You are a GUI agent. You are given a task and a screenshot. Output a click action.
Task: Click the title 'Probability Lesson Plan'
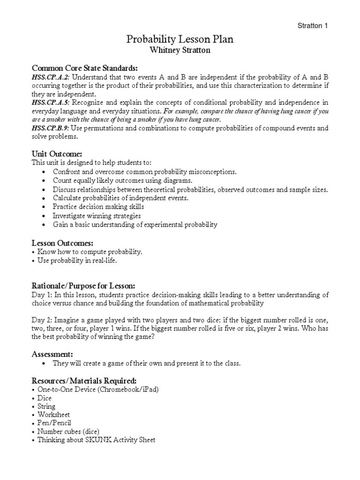coord(180,40)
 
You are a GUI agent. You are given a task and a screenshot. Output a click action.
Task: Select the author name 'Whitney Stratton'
coord(180,51)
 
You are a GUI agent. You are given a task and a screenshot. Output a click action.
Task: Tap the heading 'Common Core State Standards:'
coord(85,68)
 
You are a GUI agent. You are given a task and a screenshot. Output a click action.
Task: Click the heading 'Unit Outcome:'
coord(57,154)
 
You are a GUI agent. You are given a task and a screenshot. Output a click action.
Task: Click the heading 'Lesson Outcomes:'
coord(62,243)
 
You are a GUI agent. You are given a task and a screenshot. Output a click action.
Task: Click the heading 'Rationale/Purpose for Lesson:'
coord(83,285)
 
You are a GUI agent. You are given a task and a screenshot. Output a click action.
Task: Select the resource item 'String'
coord(46,406)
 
